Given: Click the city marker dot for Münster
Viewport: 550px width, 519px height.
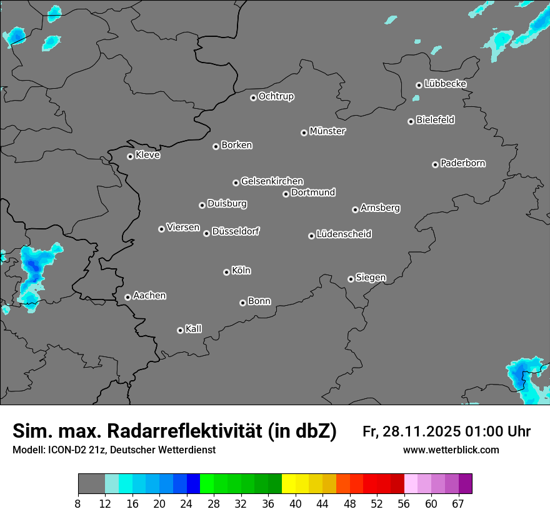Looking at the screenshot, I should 304,133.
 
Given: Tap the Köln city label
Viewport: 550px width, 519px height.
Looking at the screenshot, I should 241,271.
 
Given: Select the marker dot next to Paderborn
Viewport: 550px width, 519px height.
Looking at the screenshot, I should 435,164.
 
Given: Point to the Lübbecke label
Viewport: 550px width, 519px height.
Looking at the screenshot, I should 445,84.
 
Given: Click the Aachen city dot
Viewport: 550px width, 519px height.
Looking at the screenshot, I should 127,297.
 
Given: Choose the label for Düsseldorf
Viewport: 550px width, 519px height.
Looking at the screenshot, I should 236,231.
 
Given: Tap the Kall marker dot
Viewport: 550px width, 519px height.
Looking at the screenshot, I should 180,330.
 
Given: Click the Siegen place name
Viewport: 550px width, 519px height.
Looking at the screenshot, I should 371,278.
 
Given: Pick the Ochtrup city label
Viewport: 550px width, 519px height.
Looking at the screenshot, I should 276,96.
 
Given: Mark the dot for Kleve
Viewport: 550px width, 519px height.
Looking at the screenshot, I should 130,156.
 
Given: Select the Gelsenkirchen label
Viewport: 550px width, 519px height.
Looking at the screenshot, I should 272,181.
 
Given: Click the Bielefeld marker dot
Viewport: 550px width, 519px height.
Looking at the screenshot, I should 411,121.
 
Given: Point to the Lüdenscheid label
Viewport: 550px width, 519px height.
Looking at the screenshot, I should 344,234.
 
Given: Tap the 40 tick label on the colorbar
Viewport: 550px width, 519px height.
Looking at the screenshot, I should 296,504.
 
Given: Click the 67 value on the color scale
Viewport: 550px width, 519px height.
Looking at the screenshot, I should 458,504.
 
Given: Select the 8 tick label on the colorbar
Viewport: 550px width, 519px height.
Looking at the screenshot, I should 78,504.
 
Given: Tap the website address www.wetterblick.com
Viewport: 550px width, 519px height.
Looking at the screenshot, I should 451,450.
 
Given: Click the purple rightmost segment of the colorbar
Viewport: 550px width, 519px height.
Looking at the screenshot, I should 465,484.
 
